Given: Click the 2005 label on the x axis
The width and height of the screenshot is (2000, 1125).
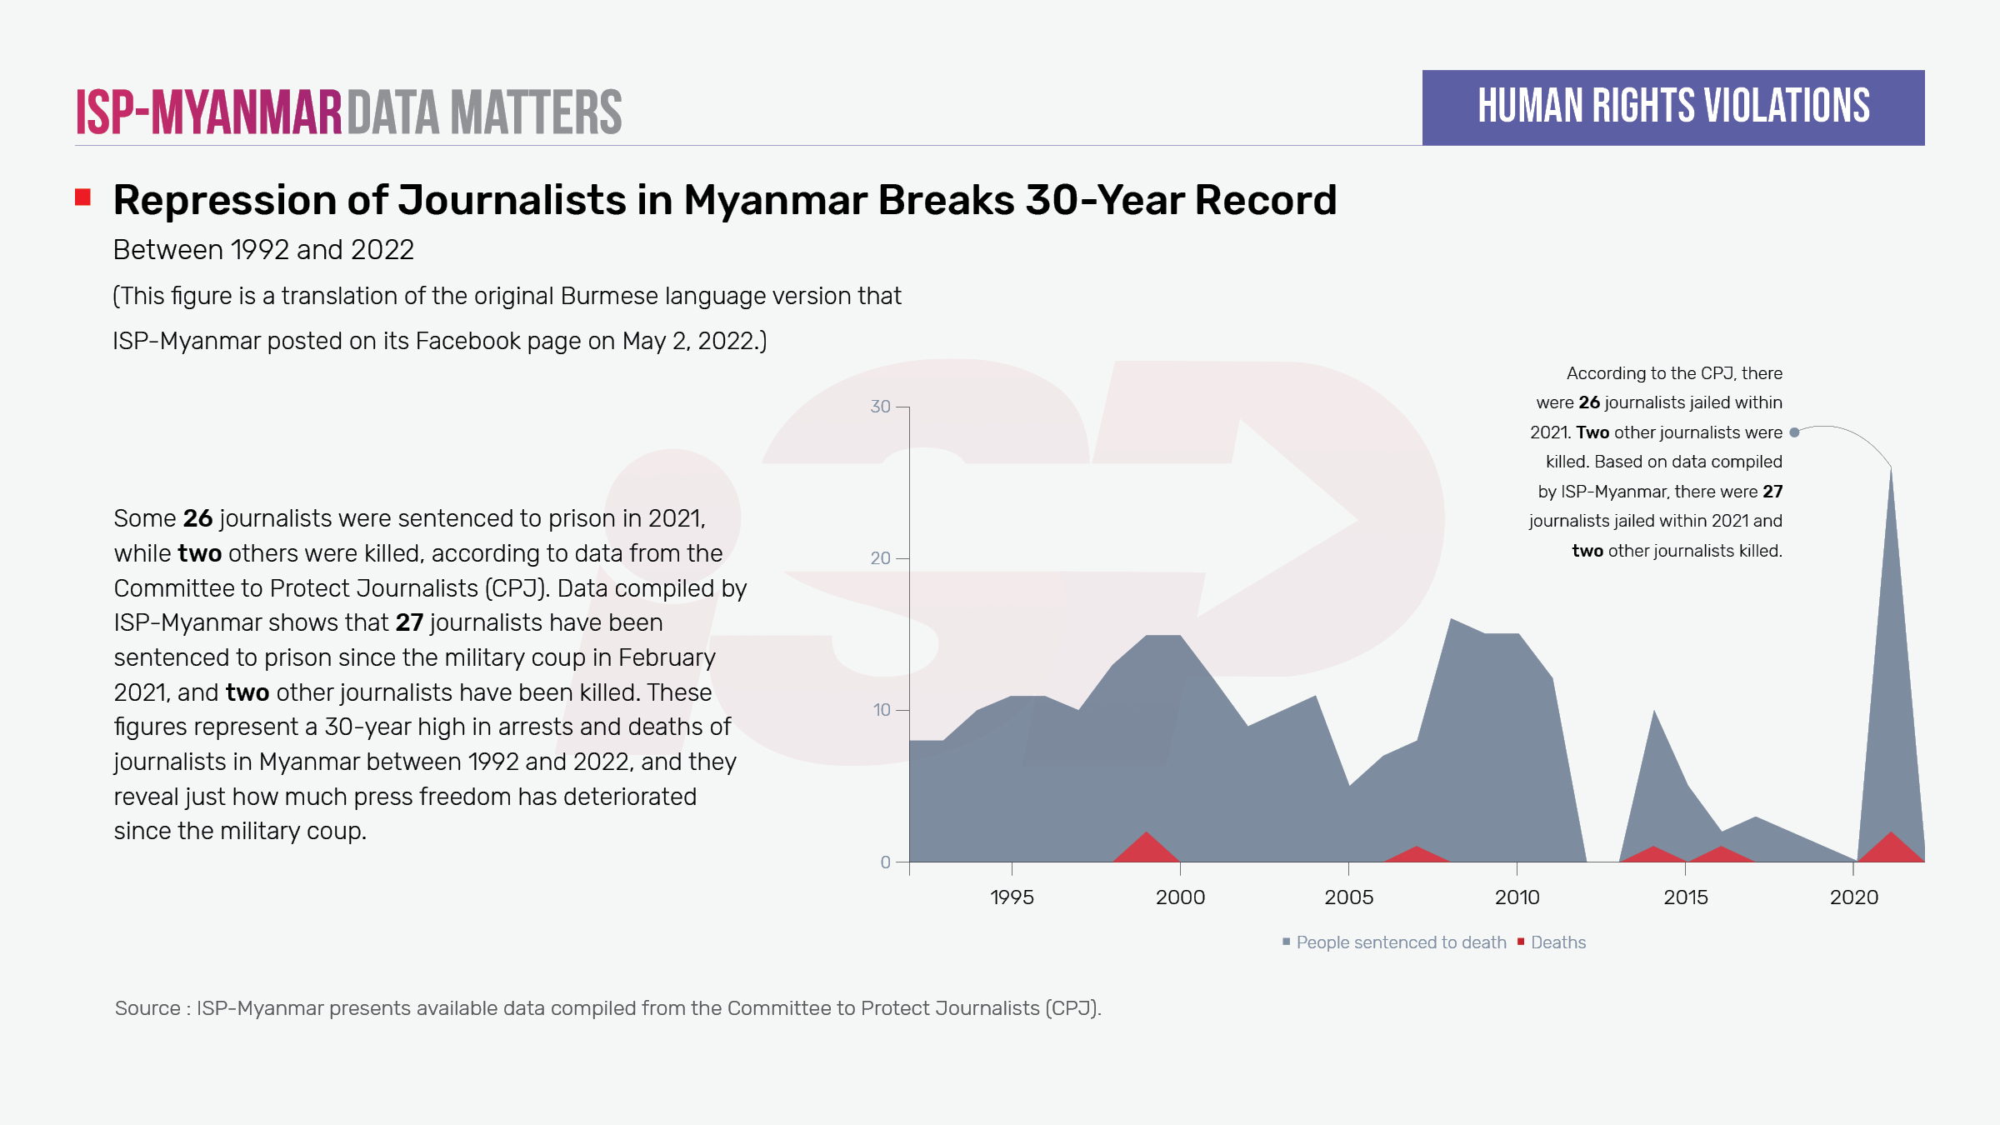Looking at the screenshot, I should coord(1348,897).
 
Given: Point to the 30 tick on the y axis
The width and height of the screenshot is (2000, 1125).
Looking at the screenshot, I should coord(881,407).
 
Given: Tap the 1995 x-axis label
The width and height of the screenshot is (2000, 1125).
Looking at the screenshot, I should coord(1012,897).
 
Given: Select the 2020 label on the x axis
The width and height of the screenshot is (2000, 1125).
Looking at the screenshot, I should coord(1854,897).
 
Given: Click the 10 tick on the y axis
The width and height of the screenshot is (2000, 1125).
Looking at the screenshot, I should coord(882,710).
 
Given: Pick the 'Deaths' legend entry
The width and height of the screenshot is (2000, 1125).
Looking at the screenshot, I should coord(1557,942).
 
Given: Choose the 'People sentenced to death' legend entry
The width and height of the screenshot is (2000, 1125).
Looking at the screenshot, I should coord(1400,942).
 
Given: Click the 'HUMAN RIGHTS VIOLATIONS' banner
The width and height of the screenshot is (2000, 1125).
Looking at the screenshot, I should coord(1673,107).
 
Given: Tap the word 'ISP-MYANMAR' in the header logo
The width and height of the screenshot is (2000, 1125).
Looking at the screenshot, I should coord(209,112).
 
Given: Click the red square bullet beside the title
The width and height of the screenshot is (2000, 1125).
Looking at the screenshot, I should coord(82,197).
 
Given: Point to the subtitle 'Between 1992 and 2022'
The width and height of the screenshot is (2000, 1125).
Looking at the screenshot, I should coord(263,250).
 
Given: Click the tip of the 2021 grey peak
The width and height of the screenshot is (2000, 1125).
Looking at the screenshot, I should coord(1891,469).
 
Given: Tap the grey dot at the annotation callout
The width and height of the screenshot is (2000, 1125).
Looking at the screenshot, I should coord(1794,432).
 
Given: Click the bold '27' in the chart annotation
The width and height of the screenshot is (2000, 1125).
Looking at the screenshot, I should coord(1772,492).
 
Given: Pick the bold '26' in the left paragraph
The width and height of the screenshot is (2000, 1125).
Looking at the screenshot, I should coord(197,518).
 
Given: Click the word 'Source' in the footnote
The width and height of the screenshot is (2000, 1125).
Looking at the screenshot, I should coord(147,1008).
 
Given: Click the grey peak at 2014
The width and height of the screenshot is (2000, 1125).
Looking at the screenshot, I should coord(1654,712).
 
